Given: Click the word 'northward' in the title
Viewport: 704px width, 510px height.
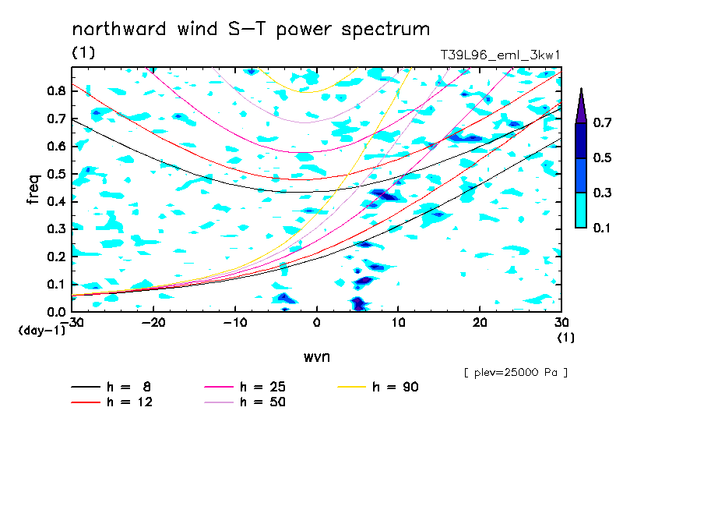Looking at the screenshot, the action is click(x=119, y=29).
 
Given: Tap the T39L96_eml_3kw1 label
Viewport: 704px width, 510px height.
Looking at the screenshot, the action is click(x=500, y=55).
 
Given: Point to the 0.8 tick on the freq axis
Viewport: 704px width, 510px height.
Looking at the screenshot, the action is click(x=57, y=90).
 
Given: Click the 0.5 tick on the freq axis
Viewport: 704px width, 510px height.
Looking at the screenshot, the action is click(x=57, y=174).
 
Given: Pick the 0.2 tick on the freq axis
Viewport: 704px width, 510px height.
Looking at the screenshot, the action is click(x=57, y=257).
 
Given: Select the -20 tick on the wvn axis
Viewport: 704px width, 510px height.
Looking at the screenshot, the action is click(x=153, y=323).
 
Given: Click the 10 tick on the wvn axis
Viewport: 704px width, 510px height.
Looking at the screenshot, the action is click(x=398, y=323).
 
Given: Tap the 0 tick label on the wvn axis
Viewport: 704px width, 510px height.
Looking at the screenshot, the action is click(x=316, y=323).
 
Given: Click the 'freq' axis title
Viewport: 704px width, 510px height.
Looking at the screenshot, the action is click(x=33, y=189).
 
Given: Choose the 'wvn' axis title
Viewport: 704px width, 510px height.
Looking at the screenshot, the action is click(x=317, y=357).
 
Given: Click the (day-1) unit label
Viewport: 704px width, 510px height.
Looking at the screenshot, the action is click(x=42, y=331).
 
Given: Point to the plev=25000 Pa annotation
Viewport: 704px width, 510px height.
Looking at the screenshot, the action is click(x=516, y=373).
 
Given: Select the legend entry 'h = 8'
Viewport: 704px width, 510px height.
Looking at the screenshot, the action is click(x=111, y=387).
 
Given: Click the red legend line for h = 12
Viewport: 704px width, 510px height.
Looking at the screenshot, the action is click(x=86, y=402).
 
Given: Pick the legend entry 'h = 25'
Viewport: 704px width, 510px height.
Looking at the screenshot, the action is click(x=245, y=387).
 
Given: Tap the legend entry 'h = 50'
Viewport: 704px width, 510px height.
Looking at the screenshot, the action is click(x=245, y=402).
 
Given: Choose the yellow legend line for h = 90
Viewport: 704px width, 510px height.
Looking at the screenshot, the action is click(x=351, y=387).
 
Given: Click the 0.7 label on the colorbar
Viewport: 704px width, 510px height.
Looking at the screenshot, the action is click(x=602, y=122).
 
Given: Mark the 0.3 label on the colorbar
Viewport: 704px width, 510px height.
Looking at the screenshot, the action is click(x=602, y=193).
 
